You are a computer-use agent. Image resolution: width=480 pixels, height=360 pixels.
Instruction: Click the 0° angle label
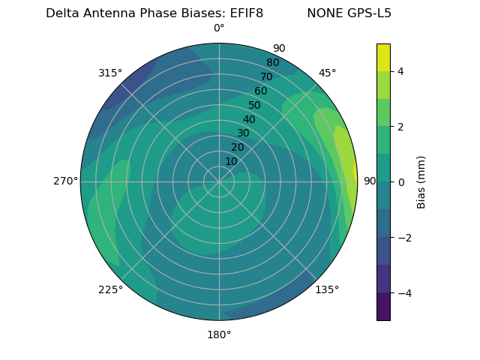click(219, 28)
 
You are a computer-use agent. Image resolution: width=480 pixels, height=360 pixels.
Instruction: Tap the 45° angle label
click(327, 73)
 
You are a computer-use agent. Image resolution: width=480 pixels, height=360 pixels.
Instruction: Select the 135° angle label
click(327, 289)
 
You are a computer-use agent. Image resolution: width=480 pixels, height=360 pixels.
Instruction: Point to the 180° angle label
click(219, 334)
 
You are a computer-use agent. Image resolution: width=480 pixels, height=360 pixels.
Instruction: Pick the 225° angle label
click(110, 290)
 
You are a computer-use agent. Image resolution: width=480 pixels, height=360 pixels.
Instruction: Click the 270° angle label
click(65, 181)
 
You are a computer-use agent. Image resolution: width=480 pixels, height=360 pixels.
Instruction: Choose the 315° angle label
click(110, 73)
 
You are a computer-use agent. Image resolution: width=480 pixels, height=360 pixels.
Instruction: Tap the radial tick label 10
click(231, 161)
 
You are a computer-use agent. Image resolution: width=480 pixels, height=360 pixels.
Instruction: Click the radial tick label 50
click(255, 105)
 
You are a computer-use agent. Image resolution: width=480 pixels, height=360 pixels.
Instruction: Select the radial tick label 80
click(272, 63)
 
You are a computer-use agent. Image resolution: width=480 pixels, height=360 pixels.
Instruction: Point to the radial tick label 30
click(243, 133)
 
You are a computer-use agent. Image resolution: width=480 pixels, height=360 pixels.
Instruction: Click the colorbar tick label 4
click(400, 71)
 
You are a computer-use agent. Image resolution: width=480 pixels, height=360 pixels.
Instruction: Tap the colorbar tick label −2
click(403, 237)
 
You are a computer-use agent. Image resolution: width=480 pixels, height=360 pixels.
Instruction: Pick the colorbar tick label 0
click(400, 181)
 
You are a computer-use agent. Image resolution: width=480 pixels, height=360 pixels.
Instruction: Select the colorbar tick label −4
click(403, 292)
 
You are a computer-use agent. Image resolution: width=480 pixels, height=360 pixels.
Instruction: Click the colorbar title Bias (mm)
click(421, 181)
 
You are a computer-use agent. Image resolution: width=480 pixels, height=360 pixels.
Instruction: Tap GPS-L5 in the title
click(367, 13)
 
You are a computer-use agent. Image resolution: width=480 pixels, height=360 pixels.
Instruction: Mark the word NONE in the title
click(323, 13)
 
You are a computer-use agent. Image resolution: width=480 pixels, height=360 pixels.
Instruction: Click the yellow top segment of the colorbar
click(383, 57)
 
